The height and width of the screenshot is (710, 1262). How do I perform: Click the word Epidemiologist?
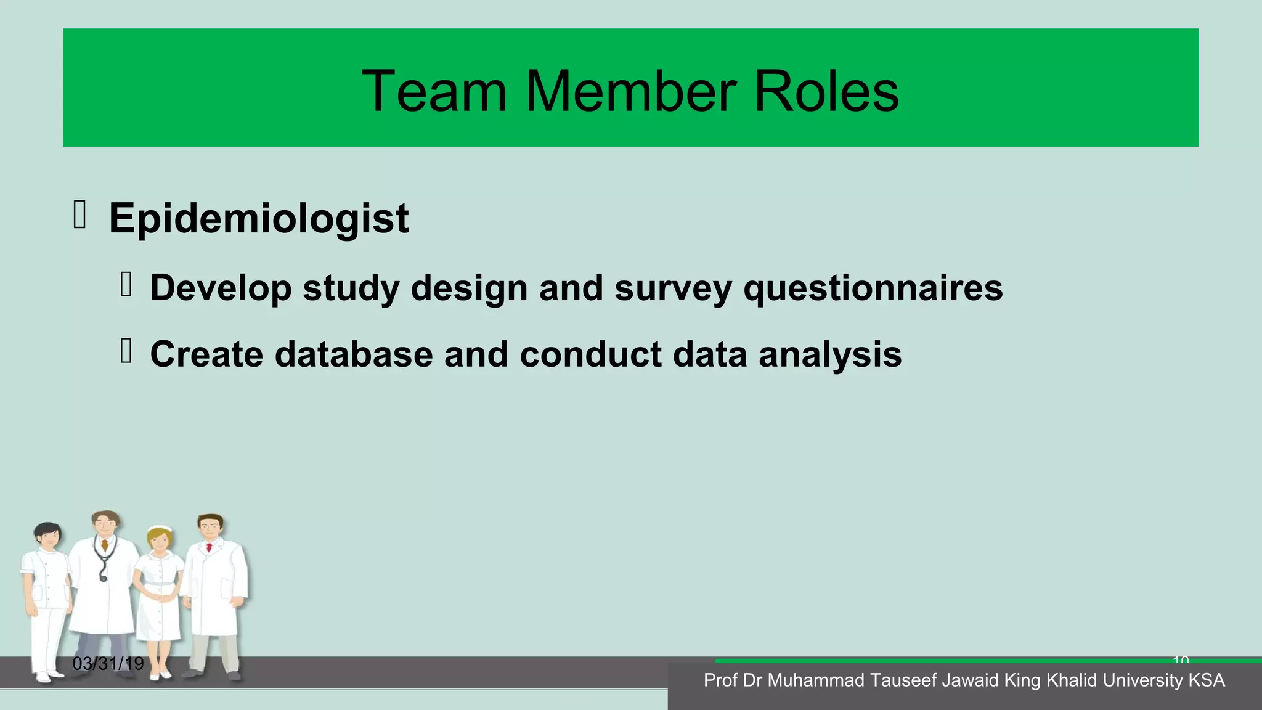click(x=258, y=218)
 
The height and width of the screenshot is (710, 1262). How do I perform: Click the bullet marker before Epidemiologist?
click(x=79, y=215)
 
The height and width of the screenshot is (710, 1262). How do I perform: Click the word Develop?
click(x=221, y=288)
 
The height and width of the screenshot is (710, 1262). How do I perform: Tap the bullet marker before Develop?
click(x=126, y=285)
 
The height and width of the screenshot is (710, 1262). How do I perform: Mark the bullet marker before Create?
click(x=126, y=351)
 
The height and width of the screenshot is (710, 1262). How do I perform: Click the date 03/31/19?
click(x=108, y=664)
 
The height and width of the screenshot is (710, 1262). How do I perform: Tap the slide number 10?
click(x=1181, y=660)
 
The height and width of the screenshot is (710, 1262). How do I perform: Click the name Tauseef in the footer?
click(x=903, y=680)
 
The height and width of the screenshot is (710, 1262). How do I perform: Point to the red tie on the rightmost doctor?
click(x=209, y=547)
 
